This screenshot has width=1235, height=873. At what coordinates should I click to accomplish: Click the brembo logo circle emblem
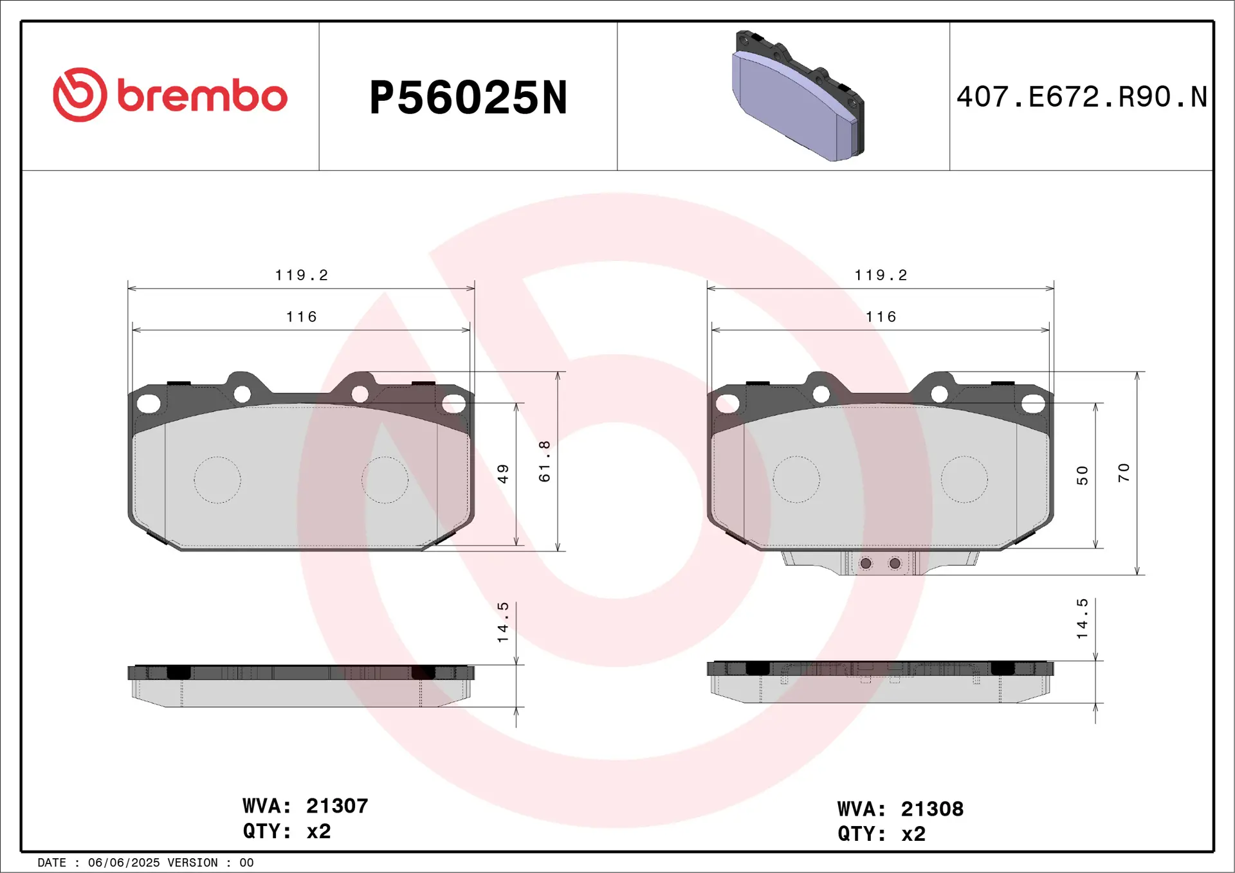80,94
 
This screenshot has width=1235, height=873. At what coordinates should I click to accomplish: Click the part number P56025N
468,98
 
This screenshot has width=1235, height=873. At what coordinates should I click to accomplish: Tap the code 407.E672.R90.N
1082,97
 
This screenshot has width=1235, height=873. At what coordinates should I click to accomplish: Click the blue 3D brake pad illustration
798,96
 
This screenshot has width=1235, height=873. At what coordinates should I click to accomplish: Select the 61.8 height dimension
545,461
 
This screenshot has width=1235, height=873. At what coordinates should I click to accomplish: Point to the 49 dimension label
503,474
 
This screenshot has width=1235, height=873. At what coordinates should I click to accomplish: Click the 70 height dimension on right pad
1123,473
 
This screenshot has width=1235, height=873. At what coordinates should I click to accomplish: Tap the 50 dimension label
1082,475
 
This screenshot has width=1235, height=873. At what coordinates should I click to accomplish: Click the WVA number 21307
337,806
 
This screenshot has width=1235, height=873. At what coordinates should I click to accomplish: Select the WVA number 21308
932,809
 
